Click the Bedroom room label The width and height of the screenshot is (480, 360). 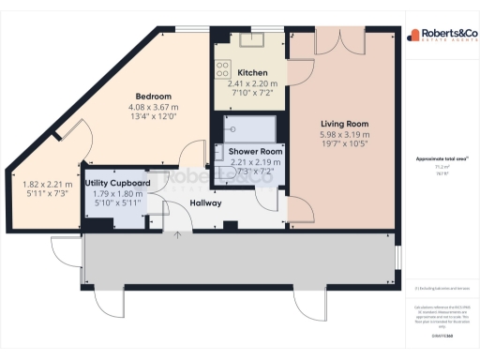[x=154, y=97]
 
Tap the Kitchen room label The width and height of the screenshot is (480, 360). [x=253, y=72]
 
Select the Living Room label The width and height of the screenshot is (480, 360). [x=344, y=123]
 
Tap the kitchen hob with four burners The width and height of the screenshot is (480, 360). [x=223, y=68]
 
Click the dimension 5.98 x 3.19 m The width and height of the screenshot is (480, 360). [x=344, y=134]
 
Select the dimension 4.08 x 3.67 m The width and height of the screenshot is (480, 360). [x=154, y=108]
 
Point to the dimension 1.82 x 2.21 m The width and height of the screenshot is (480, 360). [x=45, y=185]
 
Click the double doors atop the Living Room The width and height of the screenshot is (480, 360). [x=344, y=38]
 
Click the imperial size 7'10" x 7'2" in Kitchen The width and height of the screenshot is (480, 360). [x=253, y=93]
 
